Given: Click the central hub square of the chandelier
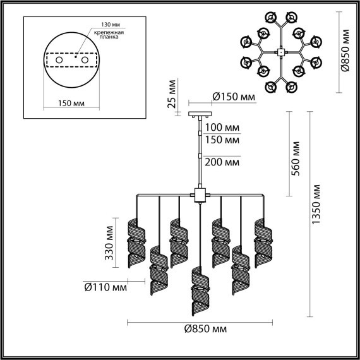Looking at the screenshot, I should click(200, 195).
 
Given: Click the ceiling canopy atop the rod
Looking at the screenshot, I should click(200, 114).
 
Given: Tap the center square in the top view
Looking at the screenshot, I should click(280, 52).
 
